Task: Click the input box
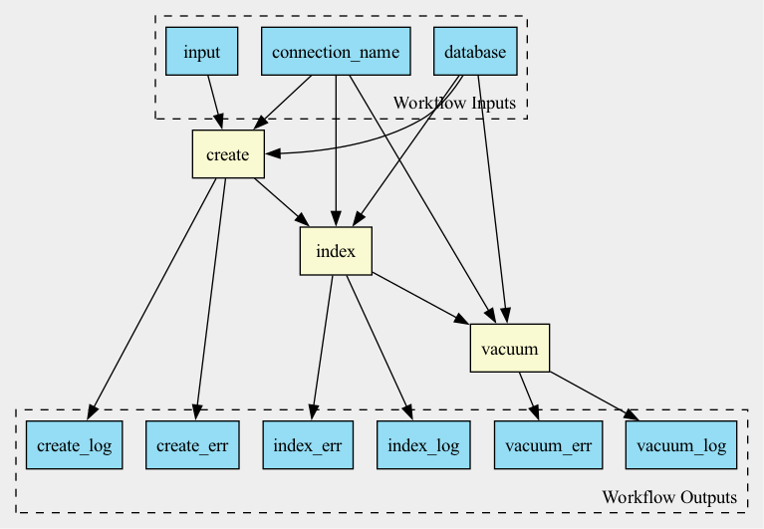coord(202,51)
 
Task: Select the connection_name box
coord(336,51)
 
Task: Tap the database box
coord(475,51)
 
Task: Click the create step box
coord(228,154)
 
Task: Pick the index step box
coord(336,251)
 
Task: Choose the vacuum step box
coord(510,348)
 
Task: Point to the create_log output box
coord(74,445)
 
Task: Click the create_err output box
coord(192,445)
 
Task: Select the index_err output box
coord(308,445)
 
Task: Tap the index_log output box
coord(423,445)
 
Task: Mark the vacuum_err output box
coord(548,445)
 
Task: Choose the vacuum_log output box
coord(681,445)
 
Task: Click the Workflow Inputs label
coord(454,103)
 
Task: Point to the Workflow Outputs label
coord(669,497)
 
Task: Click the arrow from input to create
coord(215,103)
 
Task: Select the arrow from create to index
coord(281,202)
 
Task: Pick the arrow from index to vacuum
coord(420,298)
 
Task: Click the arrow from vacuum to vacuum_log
coord(594,397)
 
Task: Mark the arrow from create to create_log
coord(152,299)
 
